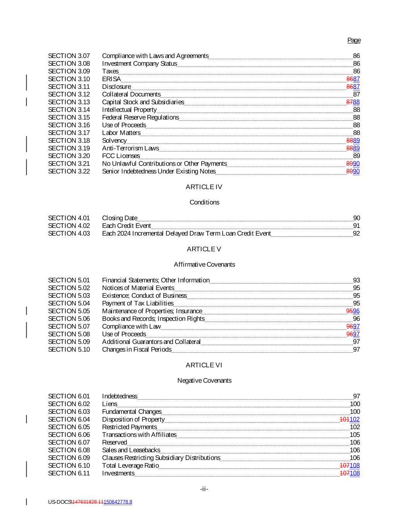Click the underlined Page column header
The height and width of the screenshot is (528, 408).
(354, 40)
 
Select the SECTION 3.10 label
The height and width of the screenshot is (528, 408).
(69, 79)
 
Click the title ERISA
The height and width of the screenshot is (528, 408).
(111, 79)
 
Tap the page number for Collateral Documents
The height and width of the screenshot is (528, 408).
(357, 94)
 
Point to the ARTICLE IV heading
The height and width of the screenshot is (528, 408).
(204, 187)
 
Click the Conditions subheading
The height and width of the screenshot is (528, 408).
(204, 202)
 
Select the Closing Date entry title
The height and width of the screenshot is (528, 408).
(119, 218)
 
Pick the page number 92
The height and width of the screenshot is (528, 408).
(357, 234)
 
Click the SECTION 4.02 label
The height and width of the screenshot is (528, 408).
(69, 226)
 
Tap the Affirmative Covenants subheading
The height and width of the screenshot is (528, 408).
(204, 265)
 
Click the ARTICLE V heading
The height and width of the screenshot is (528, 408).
(204, 249)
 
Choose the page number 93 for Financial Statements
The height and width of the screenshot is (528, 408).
(357, 280)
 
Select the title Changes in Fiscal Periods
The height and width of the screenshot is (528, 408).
(137, 350)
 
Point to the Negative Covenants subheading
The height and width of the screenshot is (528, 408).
(204, 381)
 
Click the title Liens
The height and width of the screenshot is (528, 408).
(109, 404)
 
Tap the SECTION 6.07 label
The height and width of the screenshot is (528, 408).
(69, 443)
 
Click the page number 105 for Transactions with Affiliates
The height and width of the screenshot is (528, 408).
(355, 435)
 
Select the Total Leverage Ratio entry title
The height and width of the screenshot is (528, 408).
(130, 466)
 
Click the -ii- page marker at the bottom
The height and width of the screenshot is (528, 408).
(204, 489)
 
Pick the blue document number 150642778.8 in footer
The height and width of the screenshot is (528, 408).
(118, 502)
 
